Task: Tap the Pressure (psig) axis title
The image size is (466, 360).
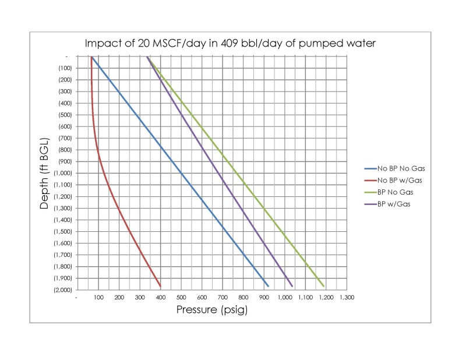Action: tap(212, 309)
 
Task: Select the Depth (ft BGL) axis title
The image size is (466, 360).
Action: tap(44, 172)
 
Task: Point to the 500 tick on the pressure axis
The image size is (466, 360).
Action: tap(181, 298)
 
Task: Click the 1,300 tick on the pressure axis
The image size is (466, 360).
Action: tap(347, 298)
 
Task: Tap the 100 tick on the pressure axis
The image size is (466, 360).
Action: tap(98, 298)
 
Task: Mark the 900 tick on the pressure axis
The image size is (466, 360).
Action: tap(264, 298)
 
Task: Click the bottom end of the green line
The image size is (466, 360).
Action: tap(324, 286)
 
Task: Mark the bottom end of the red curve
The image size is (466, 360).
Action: tap(160, 286)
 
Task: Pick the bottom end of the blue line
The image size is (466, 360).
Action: tap(268, 286)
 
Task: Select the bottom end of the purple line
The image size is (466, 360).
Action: tap(292, 286)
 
